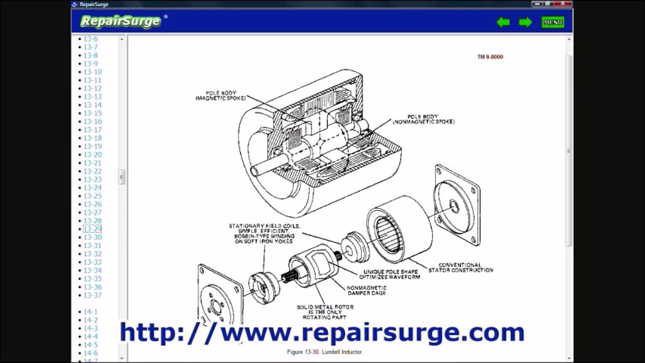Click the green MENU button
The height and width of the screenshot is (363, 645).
(553, 22)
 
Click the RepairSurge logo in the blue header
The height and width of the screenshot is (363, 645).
(121, 21)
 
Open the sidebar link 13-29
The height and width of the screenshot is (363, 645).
(93, 229)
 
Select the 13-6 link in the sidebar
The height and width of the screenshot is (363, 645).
(91, 39)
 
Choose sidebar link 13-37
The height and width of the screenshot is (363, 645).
(93, 295)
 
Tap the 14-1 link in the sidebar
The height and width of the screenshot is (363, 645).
(91, 312)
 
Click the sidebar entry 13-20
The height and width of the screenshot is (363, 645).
(93, 155)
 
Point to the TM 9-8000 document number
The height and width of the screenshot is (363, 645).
(490, 57)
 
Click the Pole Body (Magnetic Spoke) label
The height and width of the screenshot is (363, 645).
(220, 96)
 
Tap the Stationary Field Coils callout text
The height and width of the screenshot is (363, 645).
(264, 233)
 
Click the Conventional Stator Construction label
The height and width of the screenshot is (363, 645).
(461, 268)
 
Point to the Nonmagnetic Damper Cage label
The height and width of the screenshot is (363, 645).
(366, 290)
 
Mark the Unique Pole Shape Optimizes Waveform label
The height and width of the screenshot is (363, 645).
(389, 274)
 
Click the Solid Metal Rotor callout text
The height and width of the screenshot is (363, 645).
(325, 312)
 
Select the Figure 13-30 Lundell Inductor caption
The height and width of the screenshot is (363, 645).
(325, 352)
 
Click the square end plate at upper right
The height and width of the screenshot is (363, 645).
(457, 205)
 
